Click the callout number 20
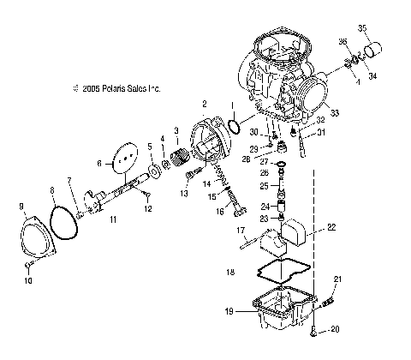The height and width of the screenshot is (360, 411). coord(335,328)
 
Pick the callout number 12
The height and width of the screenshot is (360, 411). coord(148,207)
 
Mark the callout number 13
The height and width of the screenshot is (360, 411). coord(183,195)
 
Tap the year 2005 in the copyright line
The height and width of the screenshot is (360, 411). coord(84,87)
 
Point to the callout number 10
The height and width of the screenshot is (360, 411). coord(27,279)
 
